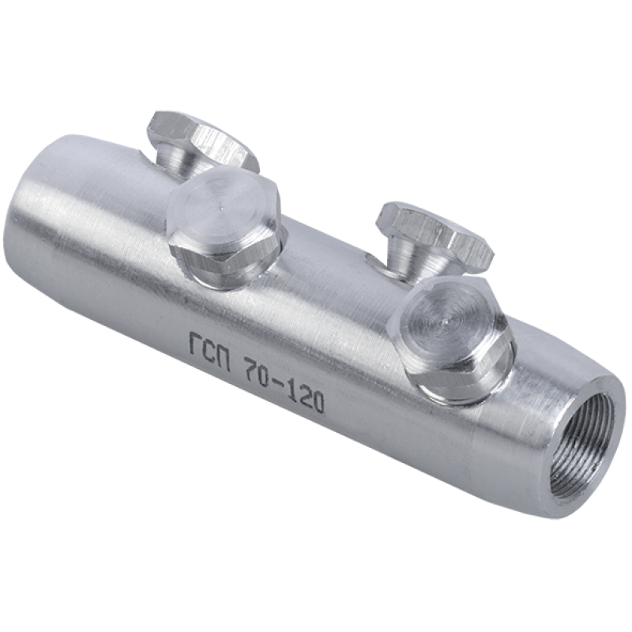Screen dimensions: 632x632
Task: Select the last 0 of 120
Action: (x=318, y=399)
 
